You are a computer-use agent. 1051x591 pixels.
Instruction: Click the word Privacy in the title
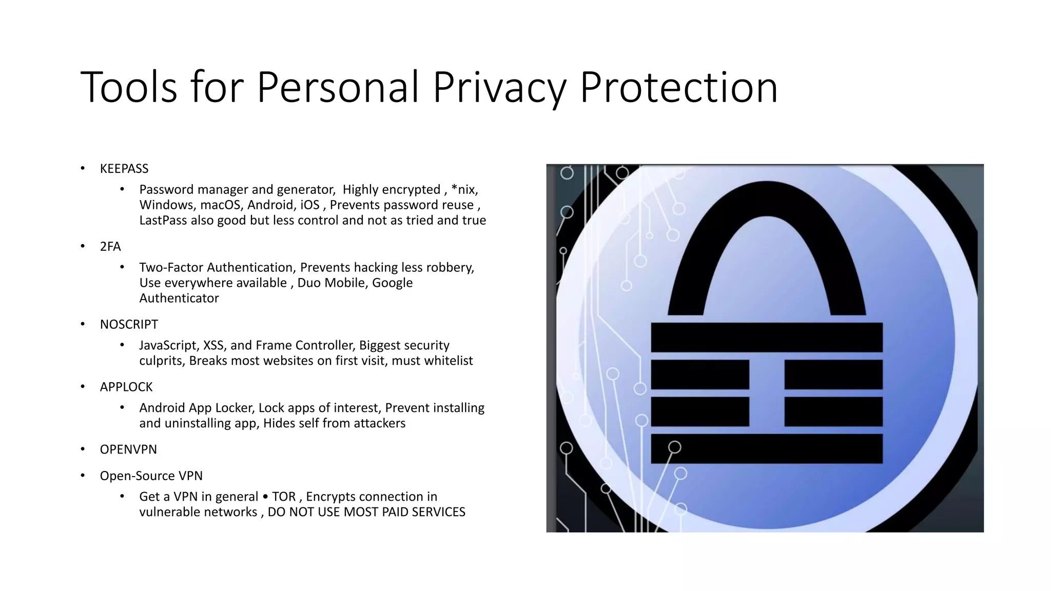click(x=498, y=88)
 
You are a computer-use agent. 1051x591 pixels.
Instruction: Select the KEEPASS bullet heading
click(x=124, y=169)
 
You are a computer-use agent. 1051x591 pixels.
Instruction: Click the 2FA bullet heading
click(x=110, y=247)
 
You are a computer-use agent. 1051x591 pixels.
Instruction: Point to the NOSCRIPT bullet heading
click(x=129, y=325)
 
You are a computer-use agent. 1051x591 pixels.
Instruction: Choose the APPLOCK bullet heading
click(x=126, y=387)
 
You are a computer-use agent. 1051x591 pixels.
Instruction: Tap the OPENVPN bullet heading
click(x=128, y=449)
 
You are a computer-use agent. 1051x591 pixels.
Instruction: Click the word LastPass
click(x=163, y=221)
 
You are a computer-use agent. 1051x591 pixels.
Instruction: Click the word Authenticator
click(x=179, y=299)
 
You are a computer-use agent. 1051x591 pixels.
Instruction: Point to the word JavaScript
click(x=168, y=346)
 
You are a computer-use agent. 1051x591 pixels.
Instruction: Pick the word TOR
click(x=284, y=497)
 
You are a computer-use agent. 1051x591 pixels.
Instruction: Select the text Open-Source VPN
click(x=151, y=476)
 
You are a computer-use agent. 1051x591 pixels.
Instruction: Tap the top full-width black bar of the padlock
click(x=767, y=337)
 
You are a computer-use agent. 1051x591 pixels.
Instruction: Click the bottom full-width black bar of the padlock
click(x=767, y=449)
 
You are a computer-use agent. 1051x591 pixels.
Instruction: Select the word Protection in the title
click(x=678, y=88)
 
